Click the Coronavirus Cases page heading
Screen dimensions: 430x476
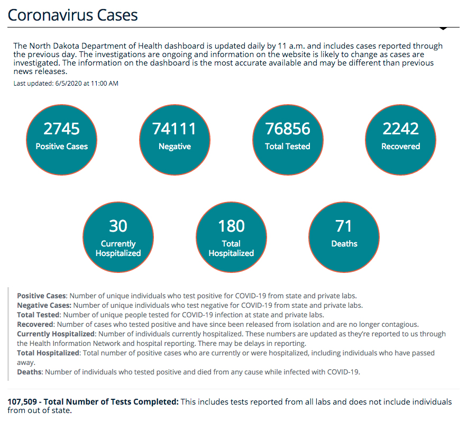click(72, 15)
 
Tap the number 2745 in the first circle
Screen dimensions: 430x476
click(62, 129)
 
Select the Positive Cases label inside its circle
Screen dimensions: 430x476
click(62, 147)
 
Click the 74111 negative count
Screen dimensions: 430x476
click(175, 129)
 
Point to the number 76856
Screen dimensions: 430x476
click(288, 129)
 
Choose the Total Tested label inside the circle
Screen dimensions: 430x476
click(288, 147)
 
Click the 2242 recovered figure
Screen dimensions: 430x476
click(400, 129)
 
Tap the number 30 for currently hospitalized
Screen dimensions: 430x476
click(118, 226)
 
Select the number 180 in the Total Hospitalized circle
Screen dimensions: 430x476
click(231, 226)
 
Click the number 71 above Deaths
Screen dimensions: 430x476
click(344, 226)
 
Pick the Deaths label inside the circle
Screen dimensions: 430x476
click(344, 244)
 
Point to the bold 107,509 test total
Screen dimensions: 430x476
click(22, 401)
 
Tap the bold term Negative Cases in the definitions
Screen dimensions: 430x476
click(44, 305)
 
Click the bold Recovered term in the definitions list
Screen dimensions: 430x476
click(35, 324)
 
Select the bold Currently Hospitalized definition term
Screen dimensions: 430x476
click(56, 334)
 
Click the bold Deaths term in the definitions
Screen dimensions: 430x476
click(30, 372)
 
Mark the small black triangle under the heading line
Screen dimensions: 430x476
click(443, 28)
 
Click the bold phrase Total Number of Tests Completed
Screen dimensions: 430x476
click(111, 401)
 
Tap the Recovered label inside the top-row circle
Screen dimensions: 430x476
click(400, 147)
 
